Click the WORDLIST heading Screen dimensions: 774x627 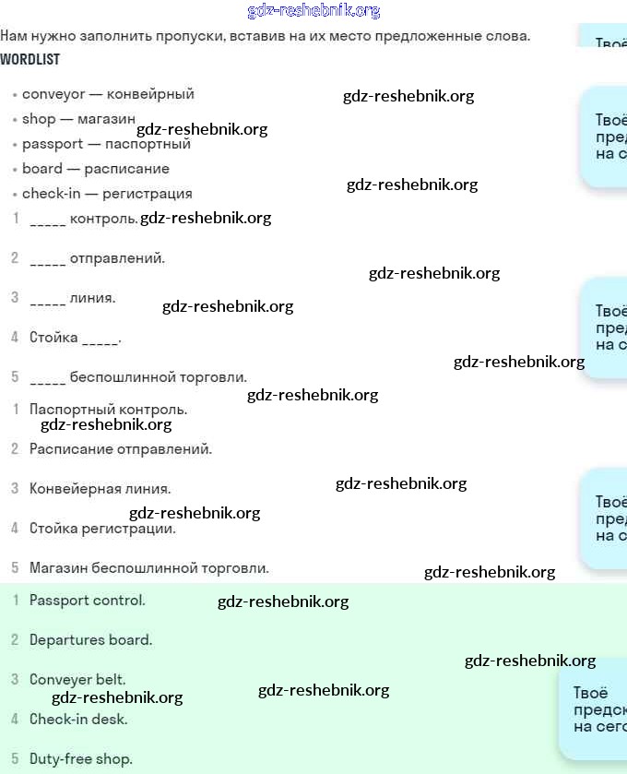tap(30, 59)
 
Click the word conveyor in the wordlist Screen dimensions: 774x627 tap(53, 94)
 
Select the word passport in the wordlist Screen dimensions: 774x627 tap(53, 145)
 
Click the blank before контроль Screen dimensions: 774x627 tap(47, 221)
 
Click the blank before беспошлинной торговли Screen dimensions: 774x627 tap(47, 379)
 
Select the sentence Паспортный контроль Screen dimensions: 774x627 tap(108, 409)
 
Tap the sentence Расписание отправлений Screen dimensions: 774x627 tap(120, 449)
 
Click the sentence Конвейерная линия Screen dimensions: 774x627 tap(100, 489)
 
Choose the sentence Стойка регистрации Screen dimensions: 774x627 tap(102, 529)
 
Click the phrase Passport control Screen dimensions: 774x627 tap(87, 601)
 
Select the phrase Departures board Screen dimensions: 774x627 tap(90, 640)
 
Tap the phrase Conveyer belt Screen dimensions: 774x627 tap(77, 680)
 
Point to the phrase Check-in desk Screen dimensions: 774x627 tap(78, 720)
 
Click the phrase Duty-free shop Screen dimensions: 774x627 tap(80, 759)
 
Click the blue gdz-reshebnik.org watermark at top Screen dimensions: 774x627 tap(313, 11)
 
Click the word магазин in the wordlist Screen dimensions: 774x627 tap(106, 119)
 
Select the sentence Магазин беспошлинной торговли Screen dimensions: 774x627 tap(148, 568)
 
